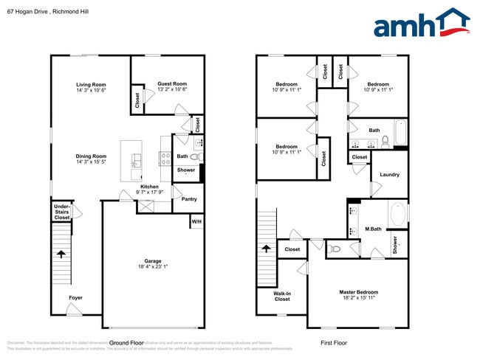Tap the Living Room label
click(91, 85)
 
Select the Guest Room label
click(171, 84)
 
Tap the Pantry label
click(189, 198)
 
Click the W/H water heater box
click(196, 221)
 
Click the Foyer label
click(76, 299)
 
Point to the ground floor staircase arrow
click(61, 255)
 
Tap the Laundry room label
click(389, 175)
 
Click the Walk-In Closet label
click(281, 296)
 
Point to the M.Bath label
click(372, 229)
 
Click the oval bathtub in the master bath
click(397, 214)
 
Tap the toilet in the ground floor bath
click(196, 156)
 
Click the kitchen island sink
click(137, 160)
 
